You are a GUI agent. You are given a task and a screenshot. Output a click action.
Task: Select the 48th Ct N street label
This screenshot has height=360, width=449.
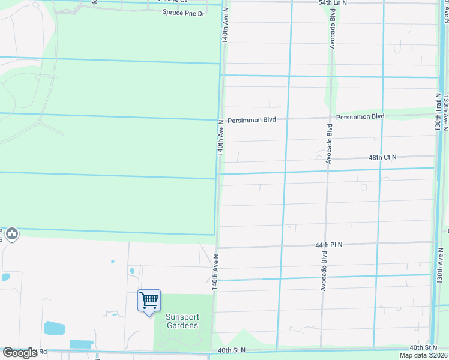(x=382, y=157)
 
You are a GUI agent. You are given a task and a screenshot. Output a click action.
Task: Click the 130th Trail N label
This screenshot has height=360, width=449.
(x=439, y=111)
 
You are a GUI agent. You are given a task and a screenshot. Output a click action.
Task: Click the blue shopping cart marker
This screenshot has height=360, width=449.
(x=149, y=299)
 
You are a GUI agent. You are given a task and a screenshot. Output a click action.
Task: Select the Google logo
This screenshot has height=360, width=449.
(x=20, y=353)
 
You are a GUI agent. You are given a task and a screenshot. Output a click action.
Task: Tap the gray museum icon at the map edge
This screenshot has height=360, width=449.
(x=12, y=233)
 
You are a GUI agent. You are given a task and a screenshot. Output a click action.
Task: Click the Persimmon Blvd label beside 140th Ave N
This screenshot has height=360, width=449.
(x=252, y=120)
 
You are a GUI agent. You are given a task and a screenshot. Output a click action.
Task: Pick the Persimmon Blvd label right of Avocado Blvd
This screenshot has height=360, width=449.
(x=360, y=116)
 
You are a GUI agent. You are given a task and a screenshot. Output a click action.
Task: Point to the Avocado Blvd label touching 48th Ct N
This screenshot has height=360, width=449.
(x=329, y=143)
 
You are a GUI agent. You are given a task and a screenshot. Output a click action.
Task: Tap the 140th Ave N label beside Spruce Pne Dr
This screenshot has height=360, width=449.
(x=224, y=25)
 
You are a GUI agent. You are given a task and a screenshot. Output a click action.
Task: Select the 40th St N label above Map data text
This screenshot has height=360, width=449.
(x=423, y=348)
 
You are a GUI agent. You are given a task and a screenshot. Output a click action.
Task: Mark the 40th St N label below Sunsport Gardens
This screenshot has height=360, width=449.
(x=232, y=350)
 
